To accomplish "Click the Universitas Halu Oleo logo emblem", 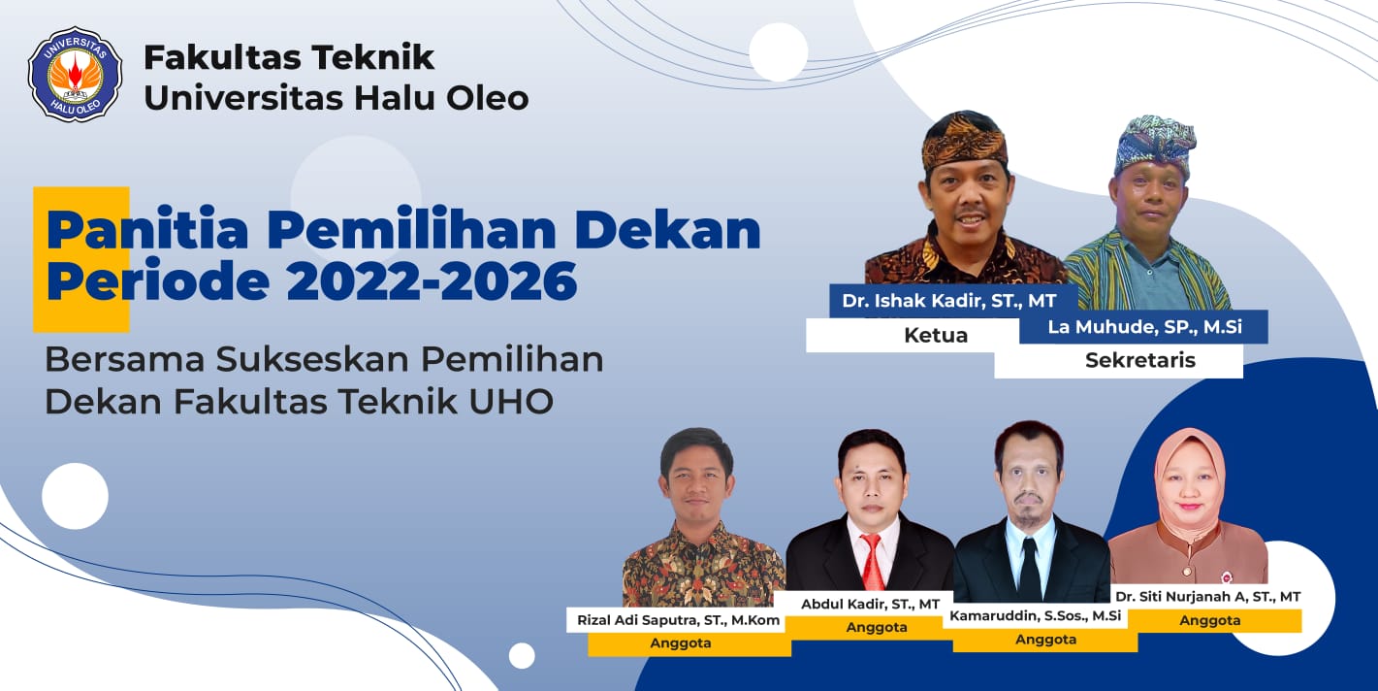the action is point(75,74).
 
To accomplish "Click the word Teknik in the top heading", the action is point(373,57).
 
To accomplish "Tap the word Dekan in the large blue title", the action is point(668,230).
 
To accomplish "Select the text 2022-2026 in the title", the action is point(432,280).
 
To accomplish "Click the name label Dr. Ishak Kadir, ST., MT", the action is point(948,301).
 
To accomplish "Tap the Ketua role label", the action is point(936,335).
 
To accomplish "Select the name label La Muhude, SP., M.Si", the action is point(1145,327).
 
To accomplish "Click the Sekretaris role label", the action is point(1139,360).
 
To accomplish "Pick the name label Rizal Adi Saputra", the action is point(678,620).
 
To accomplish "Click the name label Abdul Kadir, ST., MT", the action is point(870,605).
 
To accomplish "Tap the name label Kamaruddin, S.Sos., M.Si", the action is point(1036,616).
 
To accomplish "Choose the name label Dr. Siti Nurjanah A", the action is point(1207,596).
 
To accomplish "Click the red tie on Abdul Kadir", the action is point(873,561).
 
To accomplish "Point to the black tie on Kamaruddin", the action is point(1029,569).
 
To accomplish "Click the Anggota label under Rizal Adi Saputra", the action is point(681,643).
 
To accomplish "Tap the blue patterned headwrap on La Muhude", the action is point(1155,143).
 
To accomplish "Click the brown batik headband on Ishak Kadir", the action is point(964,141).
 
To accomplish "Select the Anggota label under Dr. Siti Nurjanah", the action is point(1209,620).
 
